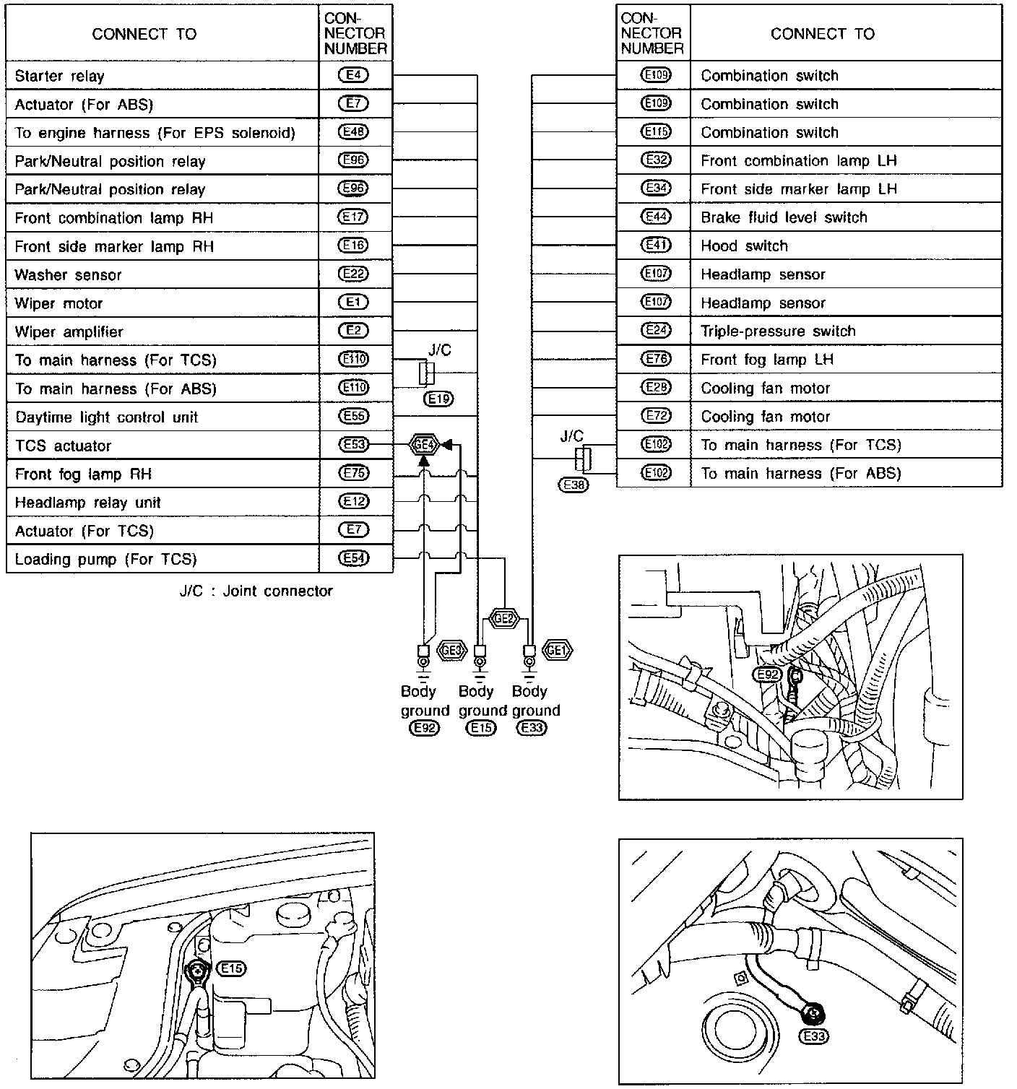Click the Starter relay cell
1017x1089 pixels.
coord(59,76)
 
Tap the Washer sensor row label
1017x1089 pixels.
coord(68,274)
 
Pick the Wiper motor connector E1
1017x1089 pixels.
coord(353,303)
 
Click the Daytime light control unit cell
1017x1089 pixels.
coord(106,417)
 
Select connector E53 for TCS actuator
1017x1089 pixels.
coord(353,445)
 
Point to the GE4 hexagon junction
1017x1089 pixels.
coord(423,445)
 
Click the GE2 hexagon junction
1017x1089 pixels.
coord(504,618)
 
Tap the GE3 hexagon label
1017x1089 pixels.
coord(451,650)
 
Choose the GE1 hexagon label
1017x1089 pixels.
coord(557,650)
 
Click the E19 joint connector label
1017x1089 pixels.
coord(439,399)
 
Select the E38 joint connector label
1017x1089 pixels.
coord(574,485)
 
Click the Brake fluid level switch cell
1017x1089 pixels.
coord(784,217)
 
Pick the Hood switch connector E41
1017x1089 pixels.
coord(656,246)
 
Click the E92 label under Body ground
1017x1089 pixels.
coord(424,728)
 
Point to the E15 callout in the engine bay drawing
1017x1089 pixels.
coord(232,968)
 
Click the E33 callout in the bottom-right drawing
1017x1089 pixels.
coord(814,1036)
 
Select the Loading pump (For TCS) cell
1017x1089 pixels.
coord(105,559)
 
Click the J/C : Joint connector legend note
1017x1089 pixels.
coord(256,591)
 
